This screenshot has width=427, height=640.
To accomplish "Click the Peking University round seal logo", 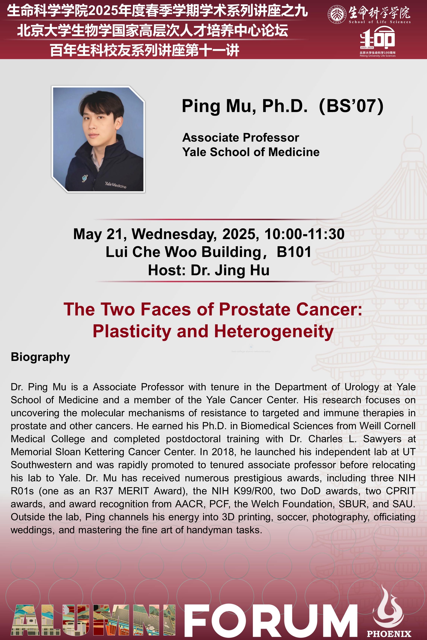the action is tap(337, 14).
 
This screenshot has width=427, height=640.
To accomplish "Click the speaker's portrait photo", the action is tap(98, 139).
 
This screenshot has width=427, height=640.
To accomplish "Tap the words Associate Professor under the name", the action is tap(241, 137).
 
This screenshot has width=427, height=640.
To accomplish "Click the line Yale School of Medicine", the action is tap(251, 152).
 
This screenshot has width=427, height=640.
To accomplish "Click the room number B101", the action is tap(294, 252).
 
